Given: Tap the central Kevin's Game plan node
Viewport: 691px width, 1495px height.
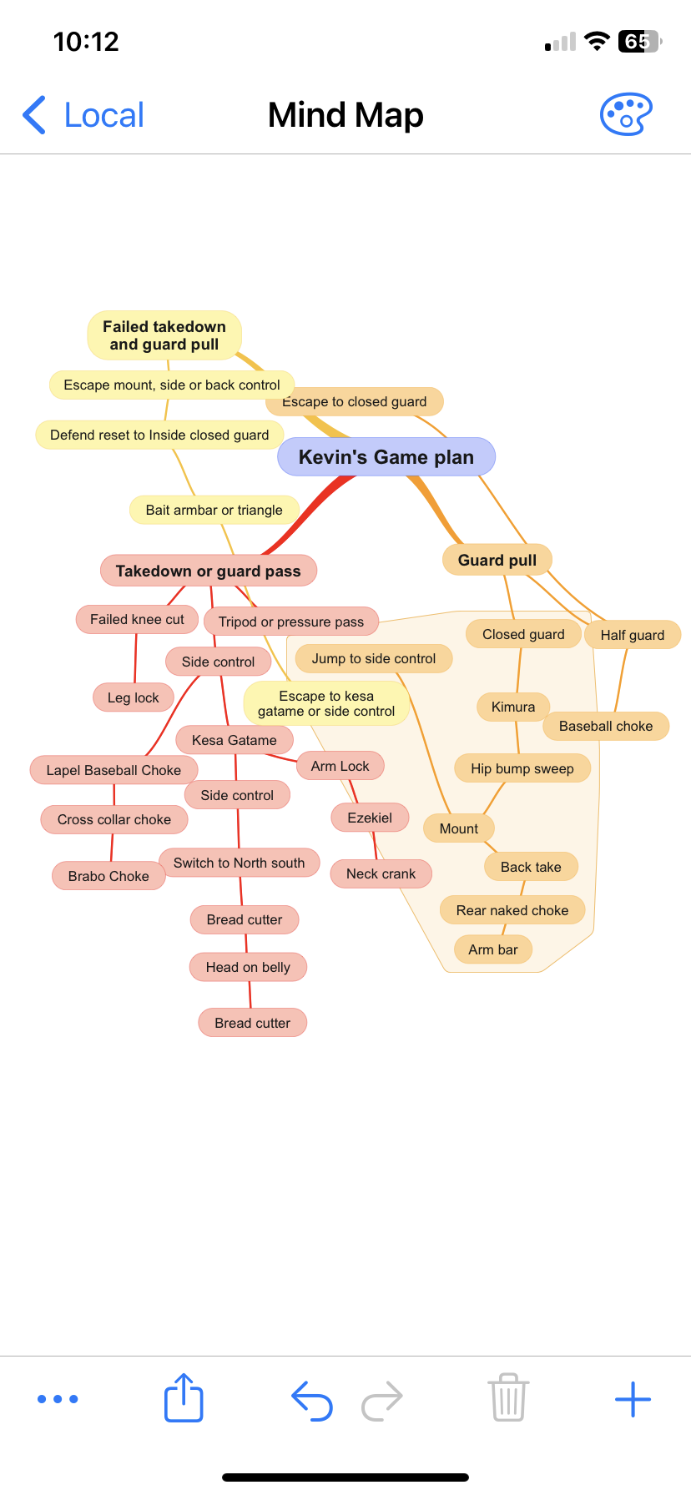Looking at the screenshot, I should (386, 457).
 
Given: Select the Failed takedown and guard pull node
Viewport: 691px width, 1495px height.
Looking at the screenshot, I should (164, 335).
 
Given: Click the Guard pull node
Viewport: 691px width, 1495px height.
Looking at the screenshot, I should (497, 560).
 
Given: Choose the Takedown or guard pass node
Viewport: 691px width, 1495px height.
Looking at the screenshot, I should (208, 571).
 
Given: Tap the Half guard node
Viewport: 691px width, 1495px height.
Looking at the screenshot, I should (633, 635).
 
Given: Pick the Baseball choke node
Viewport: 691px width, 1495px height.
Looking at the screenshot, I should (606, 726).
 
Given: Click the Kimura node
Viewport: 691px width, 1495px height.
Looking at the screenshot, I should (512, 707).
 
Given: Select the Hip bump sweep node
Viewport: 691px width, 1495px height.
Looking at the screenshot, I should (522, 768).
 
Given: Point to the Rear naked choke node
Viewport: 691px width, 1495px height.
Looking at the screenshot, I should (512, 910).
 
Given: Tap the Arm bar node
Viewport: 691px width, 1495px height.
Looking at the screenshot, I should (493, 949).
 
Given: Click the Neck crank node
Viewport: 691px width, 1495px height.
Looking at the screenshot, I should (381, 873).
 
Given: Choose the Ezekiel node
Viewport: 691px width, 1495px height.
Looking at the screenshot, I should (370, 818).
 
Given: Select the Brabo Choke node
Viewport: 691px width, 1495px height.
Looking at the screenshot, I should (108, 876).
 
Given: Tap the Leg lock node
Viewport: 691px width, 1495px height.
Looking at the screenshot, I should (133, 697).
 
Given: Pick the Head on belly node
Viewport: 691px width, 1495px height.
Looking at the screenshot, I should (248, 967).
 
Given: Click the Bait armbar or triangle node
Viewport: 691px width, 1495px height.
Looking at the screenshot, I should (214, 510).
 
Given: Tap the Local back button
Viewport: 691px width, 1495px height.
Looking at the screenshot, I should (83, 115).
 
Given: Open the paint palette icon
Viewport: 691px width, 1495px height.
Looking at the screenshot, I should (626, 114).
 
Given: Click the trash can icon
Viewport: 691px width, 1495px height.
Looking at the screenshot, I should (507, 1397).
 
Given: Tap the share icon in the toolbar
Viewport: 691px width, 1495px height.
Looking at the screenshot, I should (184, 1397).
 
